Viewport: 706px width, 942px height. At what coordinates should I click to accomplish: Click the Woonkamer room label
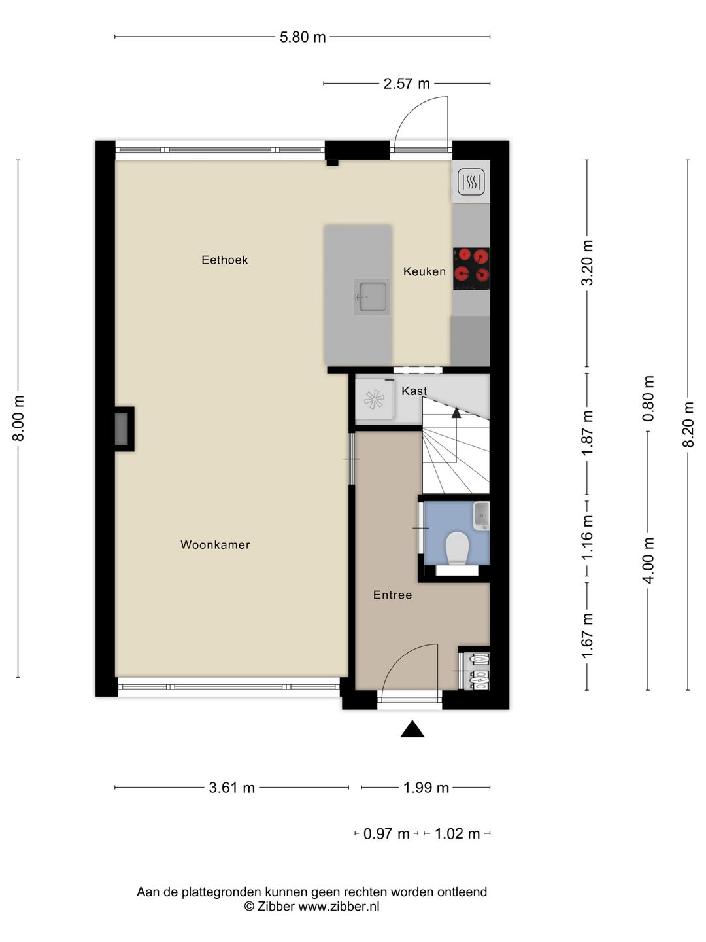click(x=215, y=545)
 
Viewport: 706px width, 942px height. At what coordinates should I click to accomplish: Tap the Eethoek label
click(x=225, y=260)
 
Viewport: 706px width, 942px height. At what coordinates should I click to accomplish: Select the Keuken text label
click(x=424, y=271)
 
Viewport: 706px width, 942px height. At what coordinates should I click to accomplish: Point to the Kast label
click(x=414, y=391)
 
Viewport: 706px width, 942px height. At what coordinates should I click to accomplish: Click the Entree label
click(x=393, y=595)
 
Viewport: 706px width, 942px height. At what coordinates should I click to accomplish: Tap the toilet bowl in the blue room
click(x=456, y=548)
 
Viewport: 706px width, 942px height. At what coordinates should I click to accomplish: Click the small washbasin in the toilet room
click(x=481, y=515)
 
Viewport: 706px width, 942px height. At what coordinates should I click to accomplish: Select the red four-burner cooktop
click(x=471, y=269)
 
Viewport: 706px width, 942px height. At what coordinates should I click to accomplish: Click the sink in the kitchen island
click(x=372, y=296)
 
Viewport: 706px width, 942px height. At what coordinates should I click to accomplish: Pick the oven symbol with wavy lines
click(x=471, y=182)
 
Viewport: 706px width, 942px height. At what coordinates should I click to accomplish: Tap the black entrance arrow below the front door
click(x=412, y=728)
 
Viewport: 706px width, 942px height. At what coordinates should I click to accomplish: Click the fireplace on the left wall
click(x=124, y=429)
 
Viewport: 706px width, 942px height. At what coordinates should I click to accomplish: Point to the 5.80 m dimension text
click(x=303, y=37)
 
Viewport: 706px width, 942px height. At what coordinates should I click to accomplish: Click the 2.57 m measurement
click(x=407, y=84)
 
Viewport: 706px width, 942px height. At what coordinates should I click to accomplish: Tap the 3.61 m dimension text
click(x=232, y=788)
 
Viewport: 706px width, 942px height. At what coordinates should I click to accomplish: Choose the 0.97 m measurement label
click(x=386, y=834)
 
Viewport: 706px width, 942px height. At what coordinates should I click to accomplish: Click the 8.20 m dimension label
click(x=688, y=425)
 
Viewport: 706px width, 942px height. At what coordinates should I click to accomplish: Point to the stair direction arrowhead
click(x=456, y=413)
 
